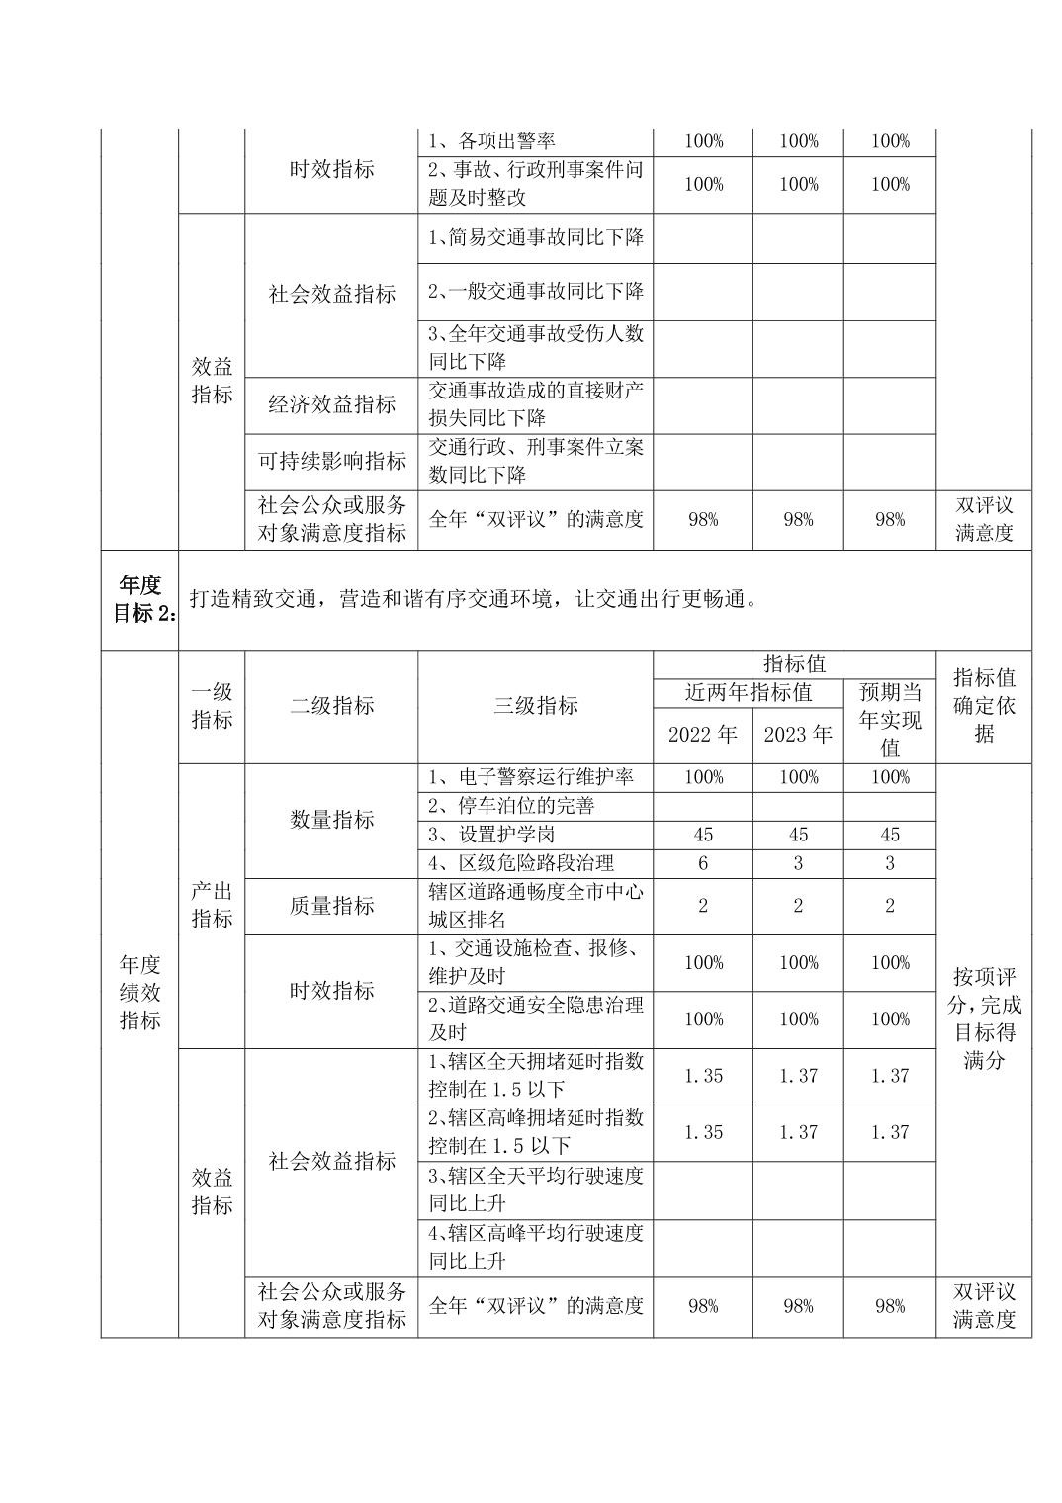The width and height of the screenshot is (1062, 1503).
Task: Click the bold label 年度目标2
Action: [139, 599]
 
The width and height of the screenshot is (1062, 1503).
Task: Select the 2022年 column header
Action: [702, 735]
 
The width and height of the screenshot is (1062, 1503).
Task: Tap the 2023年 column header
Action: [798, 735]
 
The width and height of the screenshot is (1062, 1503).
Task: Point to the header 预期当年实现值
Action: [889, 720]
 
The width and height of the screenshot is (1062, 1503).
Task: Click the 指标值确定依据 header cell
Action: [983, 706]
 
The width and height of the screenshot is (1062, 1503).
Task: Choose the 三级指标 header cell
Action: [535, 706]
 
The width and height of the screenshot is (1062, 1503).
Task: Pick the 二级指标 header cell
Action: [331, 706]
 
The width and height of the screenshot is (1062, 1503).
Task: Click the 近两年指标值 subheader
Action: [749, 692]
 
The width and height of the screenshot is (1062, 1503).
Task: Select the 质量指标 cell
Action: [331, 906]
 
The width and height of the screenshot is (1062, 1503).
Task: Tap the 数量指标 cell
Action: [331, 820]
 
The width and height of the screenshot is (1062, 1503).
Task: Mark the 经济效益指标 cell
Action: [331, 404]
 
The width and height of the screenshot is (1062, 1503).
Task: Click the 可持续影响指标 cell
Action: [331, 461]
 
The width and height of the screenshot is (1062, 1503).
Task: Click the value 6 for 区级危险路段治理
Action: [702, 863]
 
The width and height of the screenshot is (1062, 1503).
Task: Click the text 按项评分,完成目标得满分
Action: [983, 1018]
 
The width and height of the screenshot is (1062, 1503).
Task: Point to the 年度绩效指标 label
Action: [139, 992]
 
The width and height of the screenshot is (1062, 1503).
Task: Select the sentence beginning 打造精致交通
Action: [473, 599]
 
